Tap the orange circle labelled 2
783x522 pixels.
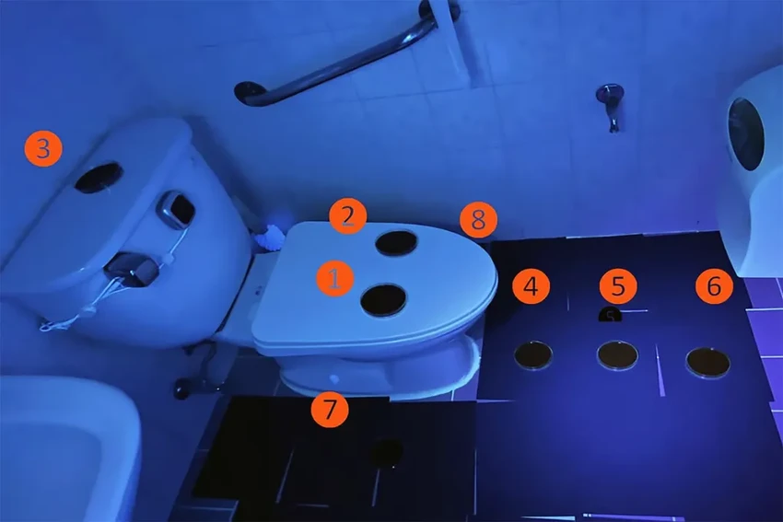point(347,216)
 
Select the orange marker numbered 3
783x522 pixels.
point(43,149)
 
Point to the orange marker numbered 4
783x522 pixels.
point(531,286)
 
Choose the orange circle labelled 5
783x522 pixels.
point(618,286)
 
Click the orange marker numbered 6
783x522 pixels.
point(714,286)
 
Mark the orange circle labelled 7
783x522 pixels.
point(330,409)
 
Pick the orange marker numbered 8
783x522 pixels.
point(478,220)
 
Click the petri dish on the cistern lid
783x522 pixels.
point(99,178)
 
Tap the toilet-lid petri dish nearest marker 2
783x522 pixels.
point(396,243)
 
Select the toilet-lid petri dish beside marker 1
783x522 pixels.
point(383,300)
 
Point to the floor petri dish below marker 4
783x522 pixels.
point(533,354)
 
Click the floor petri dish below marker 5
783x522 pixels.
point(618,354)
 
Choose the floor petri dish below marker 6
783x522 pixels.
point(708,363)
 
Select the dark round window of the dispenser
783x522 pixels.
point(746,133)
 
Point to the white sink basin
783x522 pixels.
point(64,449)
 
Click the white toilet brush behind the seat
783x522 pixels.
point(270,238)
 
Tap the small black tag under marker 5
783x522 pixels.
point(610,315)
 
